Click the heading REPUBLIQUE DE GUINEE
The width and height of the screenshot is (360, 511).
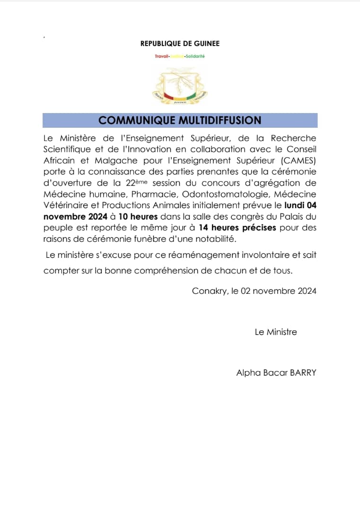tap(180, 44)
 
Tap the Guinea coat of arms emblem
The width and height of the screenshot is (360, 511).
tap(180, 86)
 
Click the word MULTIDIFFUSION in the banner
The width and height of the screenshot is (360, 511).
tap(220, 120)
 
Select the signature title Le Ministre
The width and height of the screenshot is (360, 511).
tap(276, 332)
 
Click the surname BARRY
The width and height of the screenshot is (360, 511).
tap(300, 373)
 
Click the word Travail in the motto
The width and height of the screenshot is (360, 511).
tap(162, 56)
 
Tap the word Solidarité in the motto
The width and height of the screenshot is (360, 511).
tap(195, 56)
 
